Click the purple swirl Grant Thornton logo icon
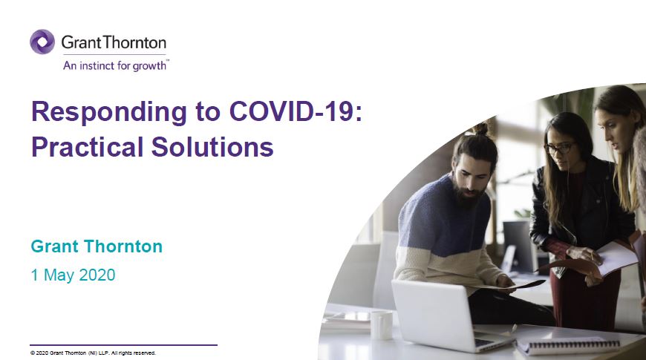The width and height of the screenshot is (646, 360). [42, 42]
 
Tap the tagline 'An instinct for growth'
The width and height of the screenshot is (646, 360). [116, 65]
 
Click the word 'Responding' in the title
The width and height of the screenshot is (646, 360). [108, 112]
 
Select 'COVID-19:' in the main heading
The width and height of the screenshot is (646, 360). [296, 111]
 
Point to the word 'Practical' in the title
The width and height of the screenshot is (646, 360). [87, 147]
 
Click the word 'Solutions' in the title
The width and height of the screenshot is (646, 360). [212, 147]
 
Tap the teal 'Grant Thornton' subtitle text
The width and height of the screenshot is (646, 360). [97, 246]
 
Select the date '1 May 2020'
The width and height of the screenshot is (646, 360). [74, 275]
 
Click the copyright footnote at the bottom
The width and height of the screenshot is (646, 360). [93, 353]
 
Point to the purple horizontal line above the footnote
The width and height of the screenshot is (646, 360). [123, 344]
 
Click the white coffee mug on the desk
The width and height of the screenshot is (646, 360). [381, 324]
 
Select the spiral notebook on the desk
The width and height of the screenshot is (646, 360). [569, 345]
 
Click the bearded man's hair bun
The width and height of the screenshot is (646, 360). [480, 128]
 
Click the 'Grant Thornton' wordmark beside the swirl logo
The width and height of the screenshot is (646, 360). [114, 42]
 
